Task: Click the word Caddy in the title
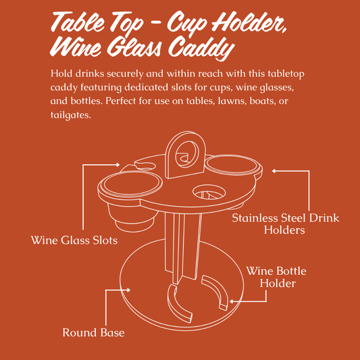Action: click(x=201, y=49)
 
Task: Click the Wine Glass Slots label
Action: click(x=74, y=240)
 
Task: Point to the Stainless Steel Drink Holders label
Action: click(x=286, y=224)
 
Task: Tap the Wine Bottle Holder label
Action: click(x=276, y=277)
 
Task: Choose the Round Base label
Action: click(x=93, y=333)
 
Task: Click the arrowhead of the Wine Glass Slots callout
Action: click(x=118, y=165)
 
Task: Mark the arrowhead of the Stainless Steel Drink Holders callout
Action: click(x=274, y=171)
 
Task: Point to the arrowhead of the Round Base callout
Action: click(x=129, y=290)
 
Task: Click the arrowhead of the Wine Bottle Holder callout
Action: click(x=232, y=301)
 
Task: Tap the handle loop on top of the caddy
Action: click(x=185, y=154)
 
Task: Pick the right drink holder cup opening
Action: click(x=232, y=165)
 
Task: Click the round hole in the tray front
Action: click(x=209, y=191)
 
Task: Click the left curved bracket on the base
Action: click(x=178, y=304)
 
